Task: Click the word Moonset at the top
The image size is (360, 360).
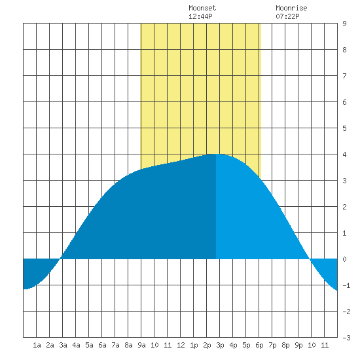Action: click(202, 8)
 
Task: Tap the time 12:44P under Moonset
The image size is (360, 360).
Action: click(200, 16)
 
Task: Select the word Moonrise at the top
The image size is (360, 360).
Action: click(291, 8)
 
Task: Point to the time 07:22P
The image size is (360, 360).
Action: click(287, 16)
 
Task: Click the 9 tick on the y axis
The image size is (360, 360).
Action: click(344, 24)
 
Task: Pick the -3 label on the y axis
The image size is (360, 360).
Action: click(346, 338)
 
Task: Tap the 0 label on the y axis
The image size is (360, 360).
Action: click(344, 259)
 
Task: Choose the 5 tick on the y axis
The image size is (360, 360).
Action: click(344, 128)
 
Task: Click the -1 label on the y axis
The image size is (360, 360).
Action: click(346, 285)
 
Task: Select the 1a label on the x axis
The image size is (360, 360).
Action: click(37, 345)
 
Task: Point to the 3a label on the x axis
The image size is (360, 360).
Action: click(63, 345)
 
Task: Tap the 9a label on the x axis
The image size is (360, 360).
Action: click(141, 345)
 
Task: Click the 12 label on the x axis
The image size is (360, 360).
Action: click(181, 345)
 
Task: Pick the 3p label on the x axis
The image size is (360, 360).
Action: click(220, 345)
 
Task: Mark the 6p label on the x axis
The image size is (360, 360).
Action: click(259, 345)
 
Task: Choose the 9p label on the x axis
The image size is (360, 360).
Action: click(298, 345)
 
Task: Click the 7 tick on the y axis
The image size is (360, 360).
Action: click(344, 76)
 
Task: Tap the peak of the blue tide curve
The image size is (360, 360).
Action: click(216, 154)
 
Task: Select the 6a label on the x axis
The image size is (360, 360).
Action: click(102, 345)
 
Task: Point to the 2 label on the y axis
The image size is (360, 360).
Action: click(344, 207)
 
